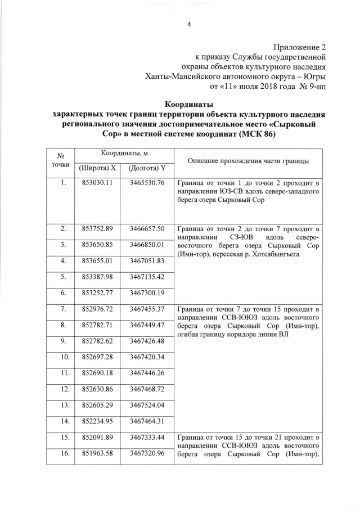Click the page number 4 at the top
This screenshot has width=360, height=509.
click(x=189, y=24)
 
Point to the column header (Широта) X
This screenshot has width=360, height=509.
click(x=97, y=168)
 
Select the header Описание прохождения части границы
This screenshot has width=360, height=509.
click(x=248, y=161)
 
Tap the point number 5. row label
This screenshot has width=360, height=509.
click(x=64, y=277)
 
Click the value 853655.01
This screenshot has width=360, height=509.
click(x=97, y=261)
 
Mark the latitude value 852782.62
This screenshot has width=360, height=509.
click(x=97, y=341)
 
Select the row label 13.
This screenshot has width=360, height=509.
click(x=64, y=406)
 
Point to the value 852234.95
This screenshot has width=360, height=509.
click(x=97, y=421)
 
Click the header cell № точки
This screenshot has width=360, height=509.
click(x=64, y=160)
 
